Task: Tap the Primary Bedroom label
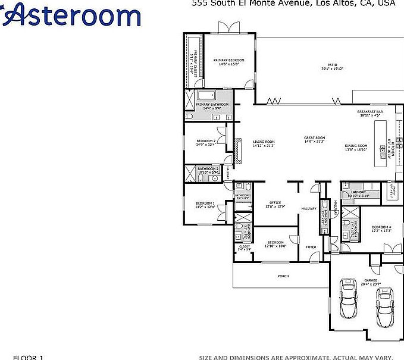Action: [229, 61]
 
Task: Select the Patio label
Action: [332, 65]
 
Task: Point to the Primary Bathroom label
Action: [212, 105]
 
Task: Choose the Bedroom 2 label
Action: [205, 141]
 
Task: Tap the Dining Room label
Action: [356, 146]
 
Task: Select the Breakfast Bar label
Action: [369, 112]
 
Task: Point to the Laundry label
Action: [356, 193]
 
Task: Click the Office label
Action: [275, 203]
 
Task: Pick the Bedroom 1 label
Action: [205, 204]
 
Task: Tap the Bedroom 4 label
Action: [381, 227]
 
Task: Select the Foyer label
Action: [311, 246]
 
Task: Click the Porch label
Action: [284, 276]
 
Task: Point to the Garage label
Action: [371, 281]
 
